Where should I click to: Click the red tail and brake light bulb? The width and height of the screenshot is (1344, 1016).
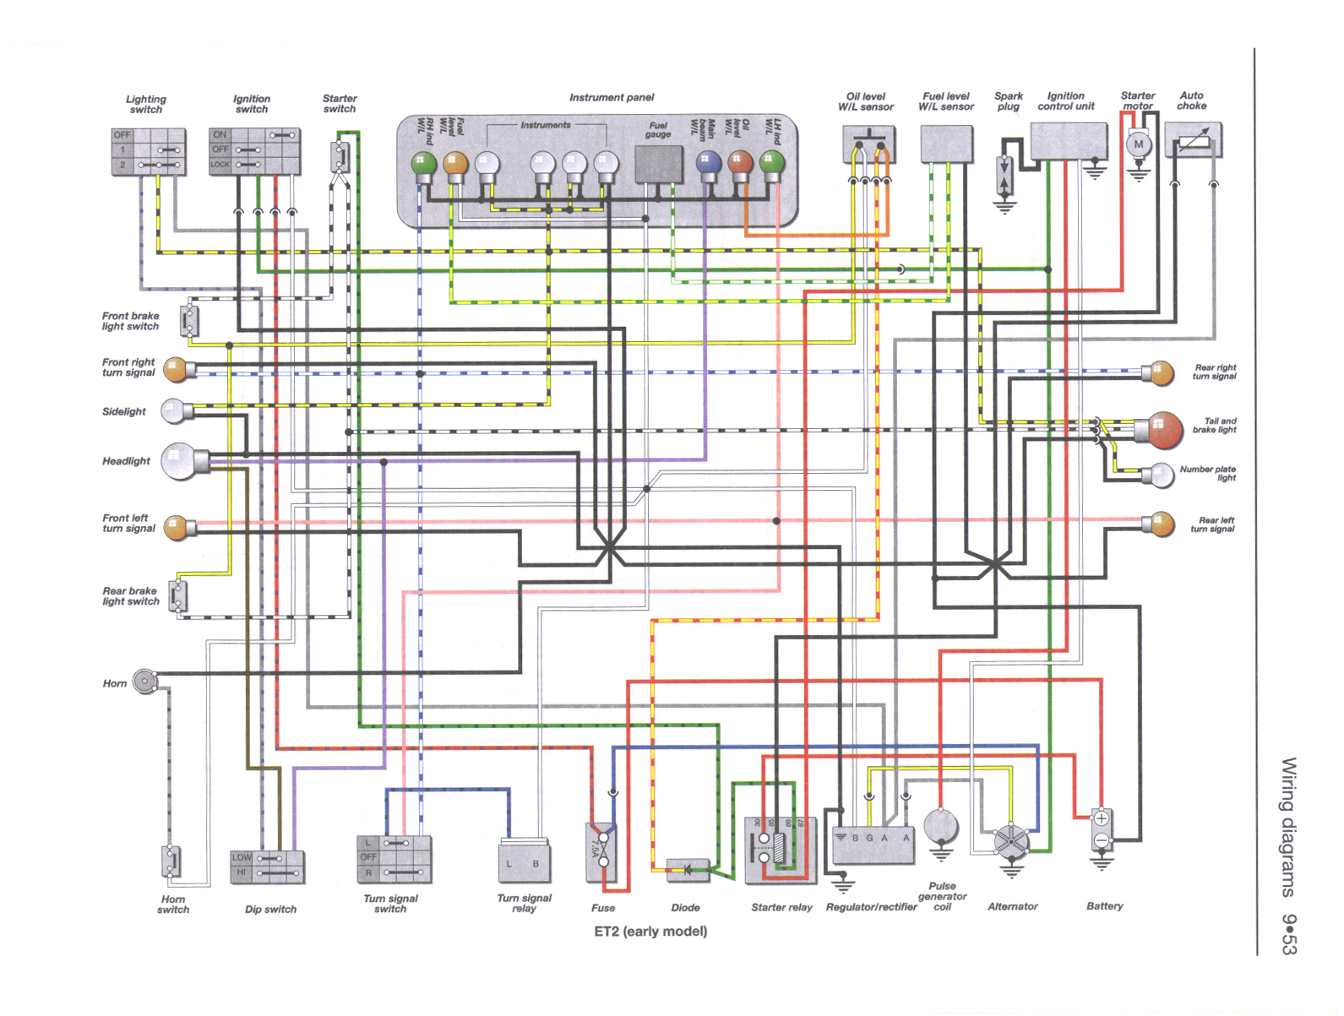point(1164,430)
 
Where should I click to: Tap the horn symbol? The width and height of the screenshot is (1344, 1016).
point(145,682)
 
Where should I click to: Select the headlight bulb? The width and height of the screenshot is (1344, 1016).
point(178,461)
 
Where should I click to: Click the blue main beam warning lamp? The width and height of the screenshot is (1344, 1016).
point(708,163)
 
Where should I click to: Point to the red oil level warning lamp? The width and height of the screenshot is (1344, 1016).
point(740,163)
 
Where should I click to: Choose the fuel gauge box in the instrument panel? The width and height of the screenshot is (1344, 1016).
point(658,164)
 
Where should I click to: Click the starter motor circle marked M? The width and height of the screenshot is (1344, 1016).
point(1138,144)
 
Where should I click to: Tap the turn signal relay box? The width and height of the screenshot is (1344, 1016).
point(524,862)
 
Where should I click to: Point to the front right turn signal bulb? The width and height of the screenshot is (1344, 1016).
point(176,369)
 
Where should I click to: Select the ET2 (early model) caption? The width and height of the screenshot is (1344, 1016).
point(650,931)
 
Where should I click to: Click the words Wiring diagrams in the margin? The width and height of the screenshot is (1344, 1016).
point(1288,827)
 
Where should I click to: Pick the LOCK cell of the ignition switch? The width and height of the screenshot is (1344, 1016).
point(220,165)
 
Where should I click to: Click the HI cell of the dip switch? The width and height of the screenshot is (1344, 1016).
point(241,872)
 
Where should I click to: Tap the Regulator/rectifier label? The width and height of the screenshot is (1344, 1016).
point(871,906)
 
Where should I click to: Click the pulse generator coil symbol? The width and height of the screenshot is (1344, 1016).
point(940,826)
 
